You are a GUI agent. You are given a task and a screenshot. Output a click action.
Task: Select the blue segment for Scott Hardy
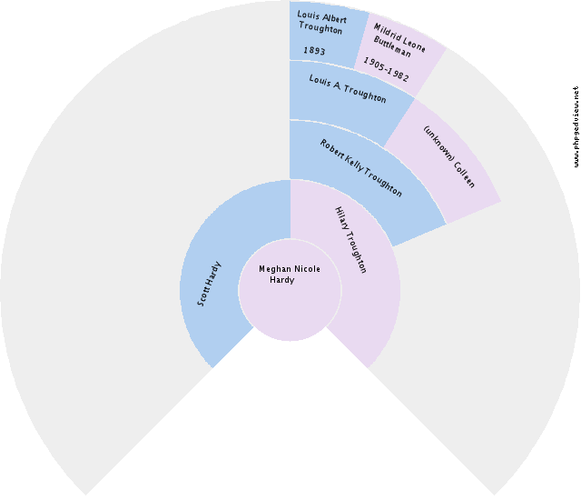pos(227,273)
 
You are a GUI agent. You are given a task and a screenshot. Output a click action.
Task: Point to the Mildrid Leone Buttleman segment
pos(404,55)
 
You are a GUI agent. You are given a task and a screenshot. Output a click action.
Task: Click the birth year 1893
pos(314,52)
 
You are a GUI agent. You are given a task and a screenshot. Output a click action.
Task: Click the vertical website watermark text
pos(576,127)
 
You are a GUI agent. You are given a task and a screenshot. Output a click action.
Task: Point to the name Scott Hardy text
pos(211,283)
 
